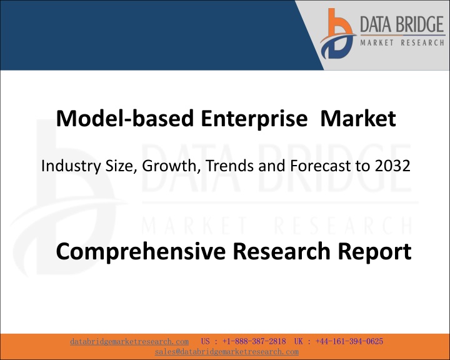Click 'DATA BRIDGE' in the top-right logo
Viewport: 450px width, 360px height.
pyautogui.click(x=402, y=24)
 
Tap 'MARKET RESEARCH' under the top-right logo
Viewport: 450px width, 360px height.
pyautogui.click(x=402, y=42)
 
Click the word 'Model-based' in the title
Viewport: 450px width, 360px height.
pyautogui.click(x=125, y=118)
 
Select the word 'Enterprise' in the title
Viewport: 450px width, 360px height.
pyautogui.click(x=254, y=119)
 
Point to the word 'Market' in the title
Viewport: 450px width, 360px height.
pyautogui.click(x=358, y=118)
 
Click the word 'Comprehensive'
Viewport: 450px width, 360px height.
pyautogui.click(x=141, y=251)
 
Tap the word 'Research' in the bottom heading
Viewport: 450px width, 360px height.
pyautogui.click(x=281, y=251)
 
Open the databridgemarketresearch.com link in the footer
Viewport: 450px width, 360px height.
pyautogui.click(x=129, y=342)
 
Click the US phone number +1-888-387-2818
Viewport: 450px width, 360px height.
pyautogui.click(x=254, y=341)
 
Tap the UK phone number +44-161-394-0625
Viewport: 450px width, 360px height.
pyautogui.click(x=349, y=341)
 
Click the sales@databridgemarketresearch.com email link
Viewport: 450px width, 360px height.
pyautogui.click(x=227, y=352)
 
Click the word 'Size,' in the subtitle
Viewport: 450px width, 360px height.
pyautogui.click(x=121, y=166)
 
